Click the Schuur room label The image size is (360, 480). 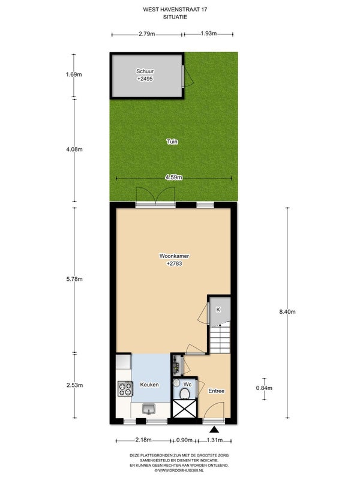(x=145, y=71)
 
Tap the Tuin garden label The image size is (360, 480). (x=172, y=142)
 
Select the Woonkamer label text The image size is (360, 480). (x=174, y=256)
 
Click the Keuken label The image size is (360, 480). (x=149, y=385)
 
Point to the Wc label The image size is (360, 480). (x=187, y=384)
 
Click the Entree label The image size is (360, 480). (x=217, y=391)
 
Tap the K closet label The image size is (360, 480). (x=218, y=310)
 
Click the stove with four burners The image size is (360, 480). (x=125, y=388)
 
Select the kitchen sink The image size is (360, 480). (x=149, y=409)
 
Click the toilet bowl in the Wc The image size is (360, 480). (x=185, y=394)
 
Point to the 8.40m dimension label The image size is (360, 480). (x=287, y=312)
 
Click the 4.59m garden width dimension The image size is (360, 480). (x=174, y=177)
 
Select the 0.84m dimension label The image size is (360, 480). (x=264, y=388)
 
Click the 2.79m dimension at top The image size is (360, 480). (x=146, y=34)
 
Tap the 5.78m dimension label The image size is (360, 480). (x=74, y=279)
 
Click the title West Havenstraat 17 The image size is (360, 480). (x=175, y=10)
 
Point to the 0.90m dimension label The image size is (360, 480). (x=184, y=440)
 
